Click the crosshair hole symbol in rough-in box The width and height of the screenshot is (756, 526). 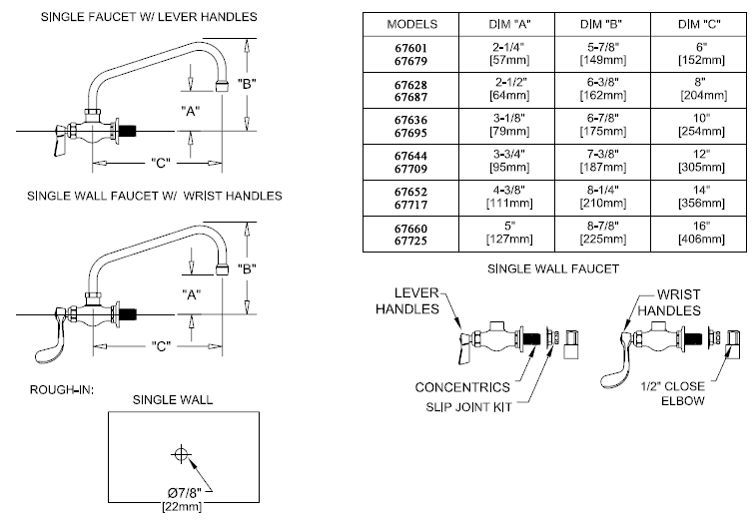click(x=181, y=454)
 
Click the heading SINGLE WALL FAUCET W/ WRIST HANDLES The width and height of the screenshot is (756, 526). click(x=146, y=196)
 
